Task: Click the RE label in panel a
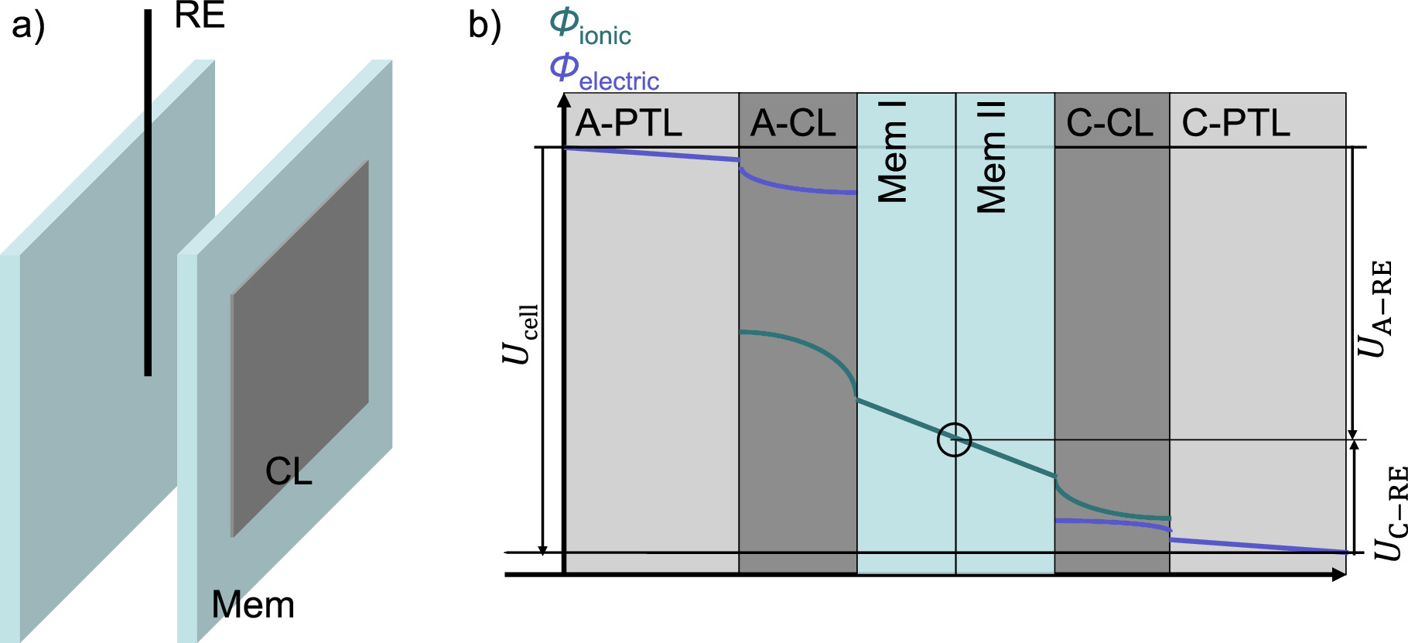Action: click(x=200, y=15)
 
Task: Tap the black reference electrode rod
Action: click(x=148, y=193)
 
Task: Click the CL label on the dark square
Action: click(x=288, y=471)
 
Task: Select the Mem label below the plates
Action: click(x=253, y=604)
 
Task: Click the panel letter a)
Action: click(x=29, y=25)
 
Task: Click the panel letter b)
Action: click(x=485, y=25)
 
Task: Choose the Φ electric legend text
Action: click(x=604, y=72)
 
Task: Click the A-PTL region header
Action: click(x=629, y=123)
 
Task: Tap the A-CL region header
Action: click(x=794, y=123)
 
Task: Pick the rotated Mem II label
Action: click(x=993, y=157)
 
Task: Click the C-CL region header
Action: click(x=1109, y=123)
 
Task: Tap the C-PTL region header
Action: click(x=1235, y=123)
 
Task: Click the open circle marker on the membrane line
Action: click(x=954, y=439)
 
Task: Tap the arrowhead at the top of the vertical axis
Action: click(x=565, y=100)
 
